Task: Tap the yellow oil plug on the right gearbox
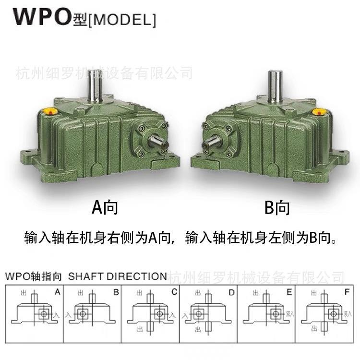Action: click(x=317, y=111)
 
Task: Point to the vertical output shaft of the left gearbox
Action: click(x=94, y=86)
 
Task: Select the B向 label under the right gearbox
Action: click(x=277, y=207)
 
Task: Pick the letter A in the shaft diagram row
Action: click(x=57, y=291)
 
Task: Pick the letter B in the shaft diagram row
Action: click(x=116, y=291)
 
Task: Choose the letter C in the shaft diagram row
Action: click(x=174, y=291)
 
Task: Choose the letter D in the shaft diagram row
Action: click(x=232, y=291)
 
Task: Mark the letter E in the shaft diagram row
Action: click(x=289, y=291)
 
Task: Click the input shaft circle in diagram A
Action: click(x=44, y=314)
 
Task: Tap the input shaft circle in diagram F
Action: click(x=332, y=314)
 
